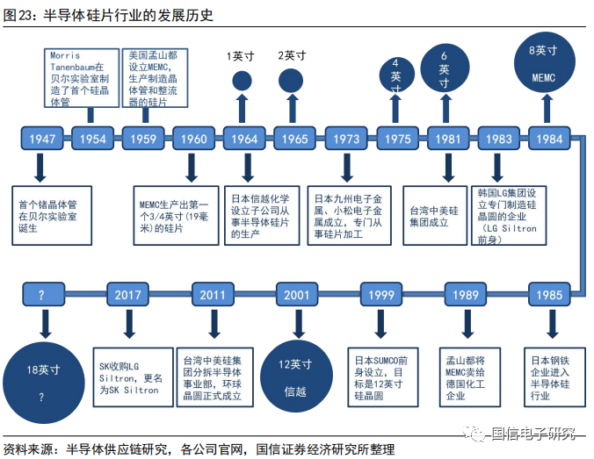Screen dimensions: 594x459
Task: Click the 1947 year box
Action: click(42, 139)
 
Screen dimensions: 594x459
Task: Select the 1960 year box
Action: click(193, 139)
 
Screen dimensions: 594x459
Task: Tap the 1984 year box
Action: click(549, 139)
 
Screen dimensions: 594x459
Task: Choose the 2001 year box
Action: click(297, 294)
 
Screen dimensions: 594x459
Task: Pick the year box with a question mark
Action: click(44, 294)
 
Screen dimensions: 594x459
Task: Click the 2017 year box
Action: click(127, 294)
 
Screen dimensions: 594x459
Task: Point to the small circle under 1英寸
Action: click(242, 81)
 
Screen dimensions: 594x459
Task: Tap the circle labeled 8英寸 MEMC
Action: click(545, 62)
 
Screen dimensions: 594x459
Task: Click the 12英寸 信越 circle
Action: click(297, 377)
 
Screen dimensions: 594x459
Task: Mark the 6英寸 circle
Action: click(445, 68)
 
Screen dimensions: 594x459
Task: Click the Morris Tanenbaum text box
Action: click(82, 78)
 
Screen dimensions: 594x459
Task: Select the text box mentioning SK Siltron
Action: click(134, 377)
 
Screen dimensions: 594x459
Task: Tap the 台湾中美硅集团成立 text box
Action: click(435, 216)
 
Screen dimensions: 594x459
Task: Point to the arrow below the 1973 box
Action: click(346, 168)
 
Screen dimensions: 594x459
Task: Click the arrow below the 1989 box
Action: click(467, 324)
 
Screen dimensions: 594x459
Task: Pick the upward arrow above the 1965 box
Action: click(292, 109)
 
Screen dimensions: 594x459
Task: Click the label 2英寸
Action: click(292, 55)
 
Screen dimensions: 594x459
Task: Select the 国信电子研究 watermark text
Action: click(532, 434)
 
